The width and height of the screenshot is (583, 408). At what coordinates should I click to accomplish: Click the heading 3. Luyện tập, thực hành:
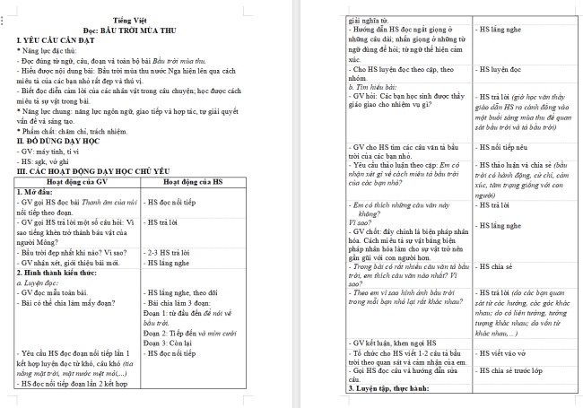point(394,389)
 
